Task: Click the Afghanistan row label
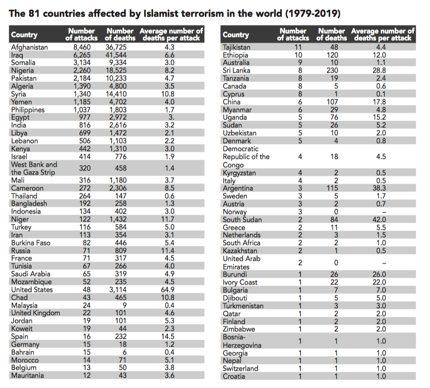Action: coord(29,47)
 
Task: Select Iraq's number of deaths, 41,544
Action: coord(120,55)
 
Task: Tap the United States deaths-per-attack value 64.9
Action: coord(169,290)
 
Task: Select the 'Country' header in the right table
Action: coord(236,35)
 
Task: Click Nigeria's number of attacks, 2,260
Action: coord(83,70)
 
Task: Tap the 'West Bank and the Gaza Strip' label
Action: coord(34,168)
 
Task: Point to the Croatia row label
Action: coord(234,376)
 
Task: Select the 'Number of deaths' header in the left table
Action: coord(120,34)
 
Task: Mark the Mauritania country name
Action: coord(28,375)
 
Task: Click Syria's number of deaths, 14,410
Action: coord(120,94)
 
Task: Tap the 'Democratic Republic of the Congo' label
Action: coord(246,157)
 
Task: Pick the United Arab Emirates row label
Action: coord(241,262)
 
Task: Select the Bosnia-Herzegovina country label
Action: coord(242,341)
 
